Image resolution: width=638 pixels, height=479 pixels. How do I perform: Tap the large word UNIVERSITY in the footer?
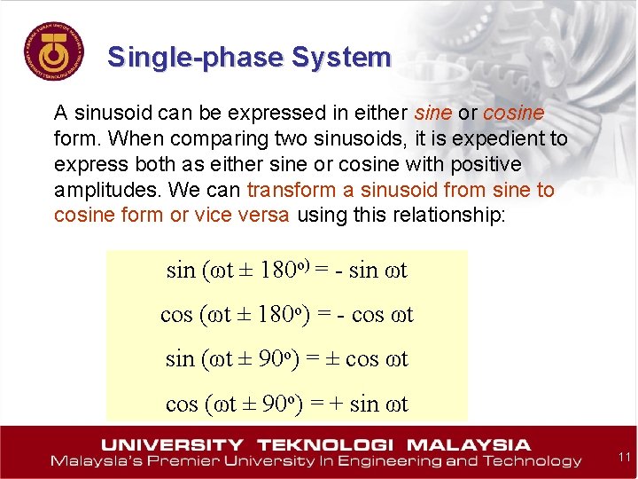(173, 444)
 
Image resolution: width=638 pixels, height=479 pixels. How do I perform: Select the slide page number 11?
(623, 457)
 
